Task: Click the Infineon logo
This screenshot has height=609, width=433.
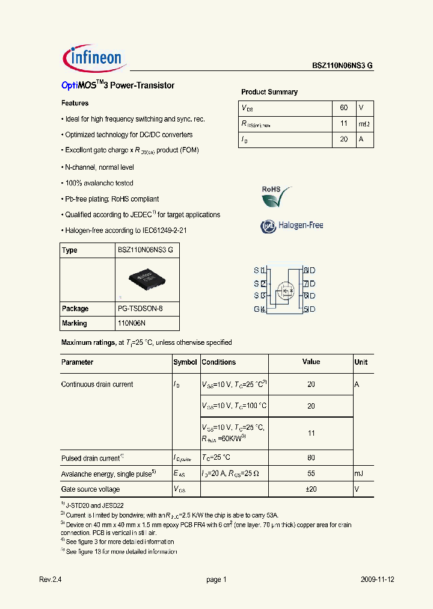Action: click(93, 57)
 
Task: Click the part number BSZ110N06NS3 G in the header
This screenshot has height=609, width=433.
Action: click(342, 67)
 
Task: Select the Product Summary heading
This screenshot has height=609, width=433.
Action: click(269, 92)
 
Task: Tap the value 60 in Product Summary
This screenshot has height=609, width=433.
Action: click(343, 108)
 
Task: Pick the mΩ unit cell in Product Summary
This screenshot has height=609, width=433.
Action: click(364, 124)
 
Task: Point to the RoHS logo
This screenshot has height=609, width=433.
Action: click(276, 196)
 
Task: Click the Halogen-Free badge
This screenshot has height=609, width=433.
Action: click(292, 226)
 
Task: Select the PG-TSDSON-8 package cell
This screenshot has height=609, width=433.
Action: click(140, 309)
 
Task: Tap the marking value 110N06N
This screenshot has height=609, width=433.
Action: click(132, 323)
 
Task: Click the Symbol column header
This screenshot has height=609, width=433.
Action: click(185, 362)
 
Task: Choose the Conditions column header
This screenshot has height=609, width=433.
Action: click(219, 362)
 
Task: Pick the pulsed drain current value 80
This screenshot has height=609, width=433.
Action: click(311, 458)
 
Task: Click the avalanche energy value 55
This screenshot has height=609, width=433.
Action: click(311, 474)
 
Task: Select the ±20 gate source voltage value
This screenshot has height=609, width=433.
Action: click(311, 489)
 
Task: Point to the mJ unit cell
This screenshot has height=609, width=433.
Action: click(360, 474)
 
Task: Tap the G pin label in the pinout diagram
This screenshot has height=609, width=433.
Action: click(256, 309)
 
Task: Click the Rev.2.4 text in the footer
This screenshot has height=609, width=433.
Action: click(51, 580)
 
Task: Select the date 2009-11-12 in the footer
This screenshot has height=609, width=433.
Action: click(377, 580)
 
